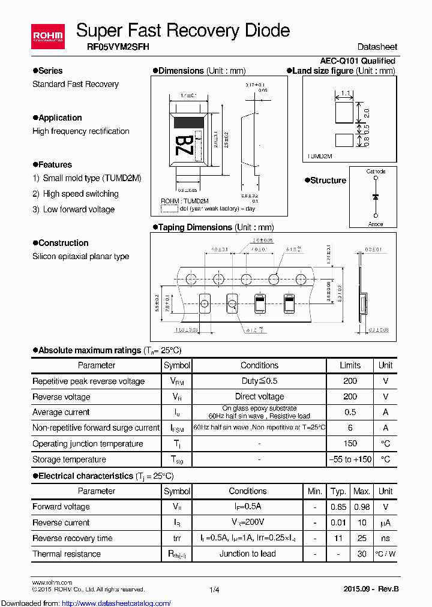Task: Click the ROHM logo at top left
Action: (x=48, y=37)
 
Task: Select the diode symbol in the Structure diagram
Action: (x=376, y=197)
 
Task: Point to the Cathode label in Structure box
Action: (x=376, y=172)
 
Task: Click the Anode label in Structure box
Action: (x=376, y=224)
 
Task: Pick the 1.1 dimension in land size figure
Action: (x=346, y=93)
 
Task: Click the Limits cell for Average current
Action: (x=350, y=412)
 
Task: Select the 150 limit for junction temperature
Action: (x=350, y=444)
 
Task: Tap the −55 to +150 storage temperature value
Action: (x=350, y=459)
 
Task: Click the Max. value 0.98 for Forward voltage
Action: (x=361, y=507)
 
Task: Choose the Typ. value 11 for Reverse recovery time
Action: (x=338, y=538)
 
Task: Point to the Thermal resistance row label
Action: (x=67, y=554)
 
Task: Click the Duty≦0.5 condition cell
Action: (x=259, y=381)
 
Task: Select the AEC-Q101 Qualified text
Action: (x=357, y=61)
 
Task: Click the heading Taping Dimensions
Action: (x=195, y=227)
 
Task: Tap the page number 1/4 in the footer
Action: (x=214, y=590)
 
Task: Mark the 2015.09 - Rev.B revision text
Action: (x=370, y=589)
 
